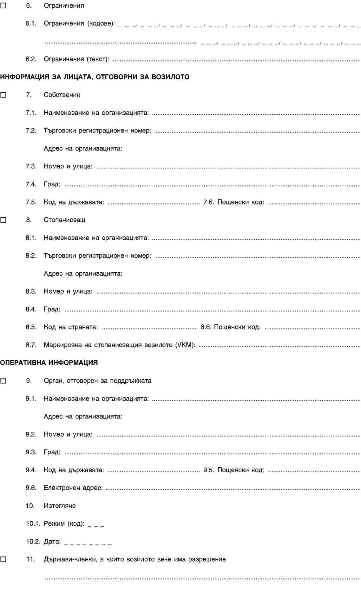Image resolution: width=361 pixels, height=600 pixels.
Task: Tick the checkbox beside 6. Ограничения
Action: pos(3,5)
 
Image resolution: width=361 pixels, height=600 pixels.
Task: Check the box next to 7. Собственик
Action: pos(3,95)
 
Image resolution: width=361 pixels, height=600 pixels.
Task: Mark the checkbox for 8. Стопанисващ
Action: pos(3,220)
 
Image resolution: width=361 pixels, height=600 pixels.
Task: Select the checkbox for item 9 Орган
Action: pos(3,381)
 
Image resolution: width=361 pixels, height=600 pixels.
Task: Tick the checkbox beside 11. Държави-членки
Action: pos(3,559)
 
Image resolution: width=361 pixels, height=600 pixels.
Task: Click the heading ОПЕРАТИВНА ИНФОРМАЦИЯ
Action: pos(49,363)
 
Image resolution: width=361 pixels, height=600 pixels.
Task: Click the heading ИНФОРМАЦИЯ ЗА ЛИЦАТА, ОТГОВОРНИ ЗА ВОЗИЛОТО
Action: pos(95,77)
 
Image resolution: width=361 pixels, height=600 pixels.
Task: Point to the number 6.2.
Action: pos(31,59)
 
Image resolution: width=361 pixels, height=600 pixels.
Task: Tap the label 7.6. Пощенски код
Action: pos(234,202)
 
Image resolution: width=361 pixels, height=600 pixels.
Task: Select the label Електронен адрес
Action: pos(73,488)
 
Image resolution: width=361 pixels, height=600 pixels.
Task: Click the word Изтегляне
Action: pos(60,506)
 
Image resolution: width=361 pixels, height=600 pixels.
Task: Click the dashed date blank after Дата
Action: pos(88,542)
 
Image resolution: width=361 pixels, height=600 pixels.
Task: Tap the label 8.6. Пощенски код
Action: pos(231,327)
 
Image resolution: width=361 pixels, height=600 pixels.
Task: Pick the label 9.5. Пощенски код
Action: pos(234,470)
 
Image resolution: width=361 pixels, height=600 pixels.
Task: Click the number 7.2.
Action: pos(31,130)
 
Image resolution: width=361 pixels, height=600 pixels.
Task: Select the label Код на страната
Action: pos(71,327)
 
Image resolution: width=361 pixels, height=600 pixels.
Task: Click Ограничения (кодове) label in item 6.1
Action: pos(79,23)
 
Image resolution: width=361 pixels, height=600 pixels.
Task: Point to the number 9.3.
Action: pos(31,452)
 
